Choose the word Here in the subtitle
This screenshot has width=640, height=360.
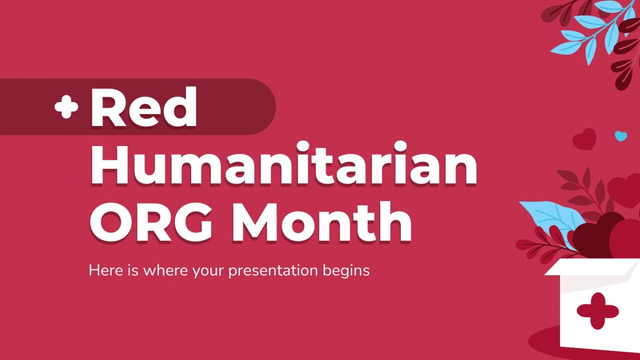click(x=102, y=270)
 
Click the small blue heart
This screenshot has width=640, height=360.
click(x=621, y=136)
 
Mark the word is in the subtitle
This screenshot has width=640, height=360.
click(x=128, y=270)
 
